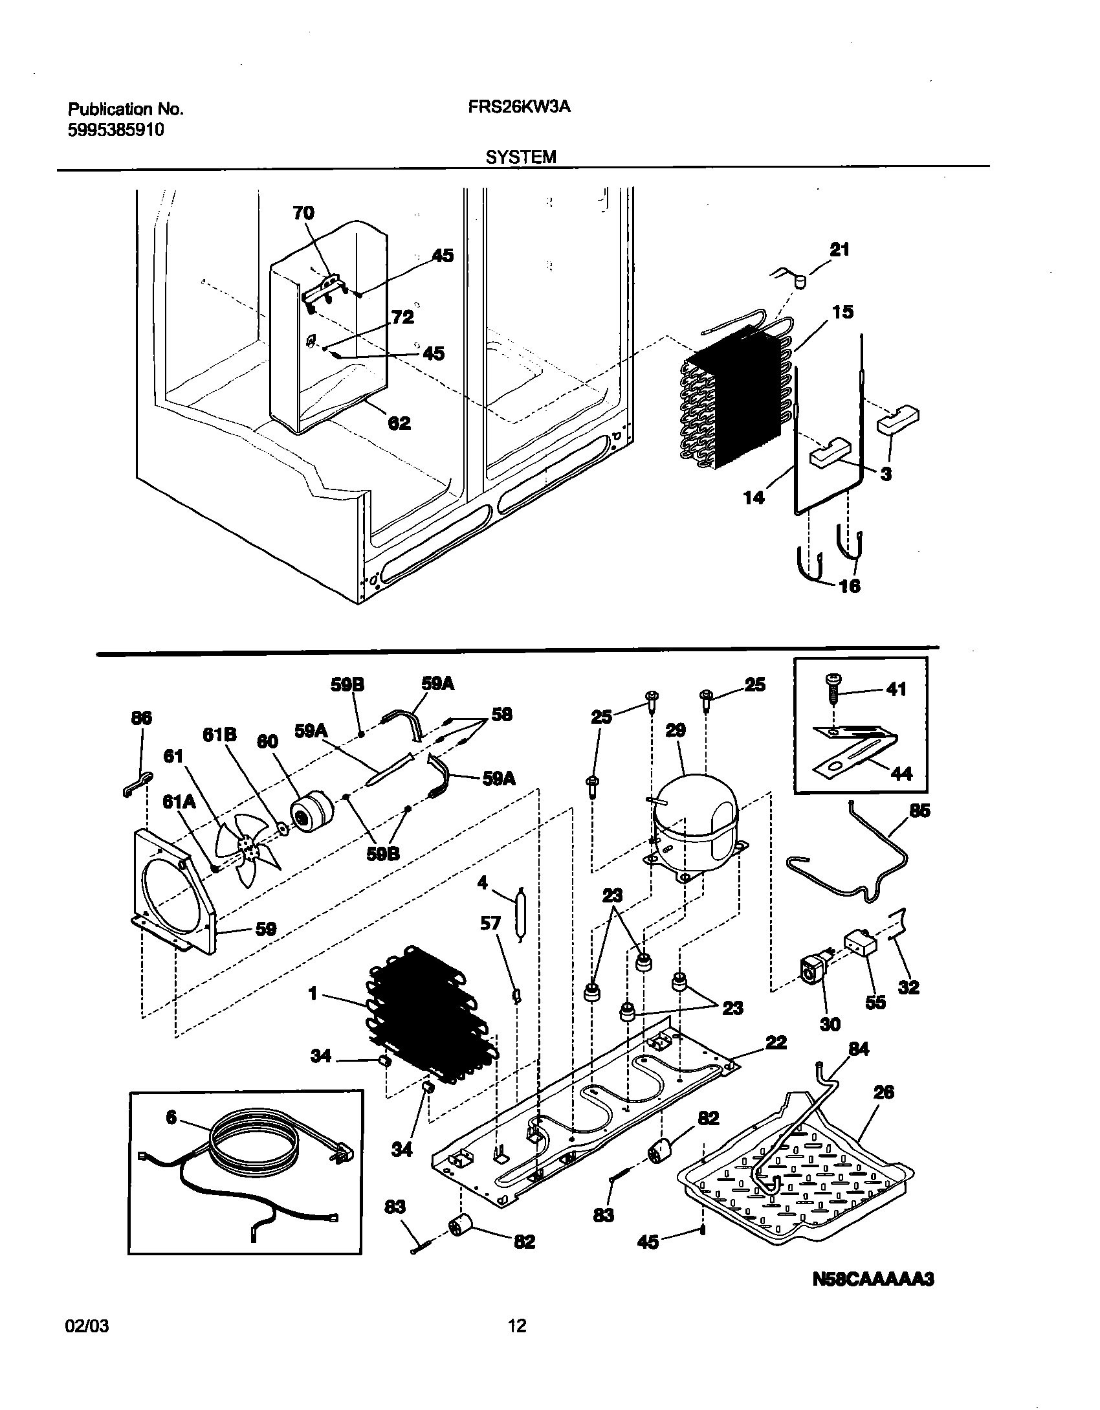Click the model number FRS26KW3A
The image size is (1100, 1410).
click(519, 107)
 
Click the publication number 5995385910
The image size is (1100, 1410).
click(115, 129)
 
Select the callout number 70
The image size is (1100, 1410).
click(303, 213)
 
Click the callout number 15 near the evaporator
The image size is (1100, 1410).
click(842, 312)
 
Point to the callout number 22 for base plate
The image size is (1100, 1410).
click(776, 1042)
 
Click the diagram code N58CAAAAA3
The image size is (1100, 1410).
click(873, 1279)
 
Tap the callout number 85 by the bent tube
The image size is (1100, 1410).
click(919, 811)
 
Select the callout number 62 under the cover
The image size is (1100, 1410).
click(399, 423)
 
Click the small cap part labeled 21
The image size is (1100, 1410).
click(801, 282)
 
